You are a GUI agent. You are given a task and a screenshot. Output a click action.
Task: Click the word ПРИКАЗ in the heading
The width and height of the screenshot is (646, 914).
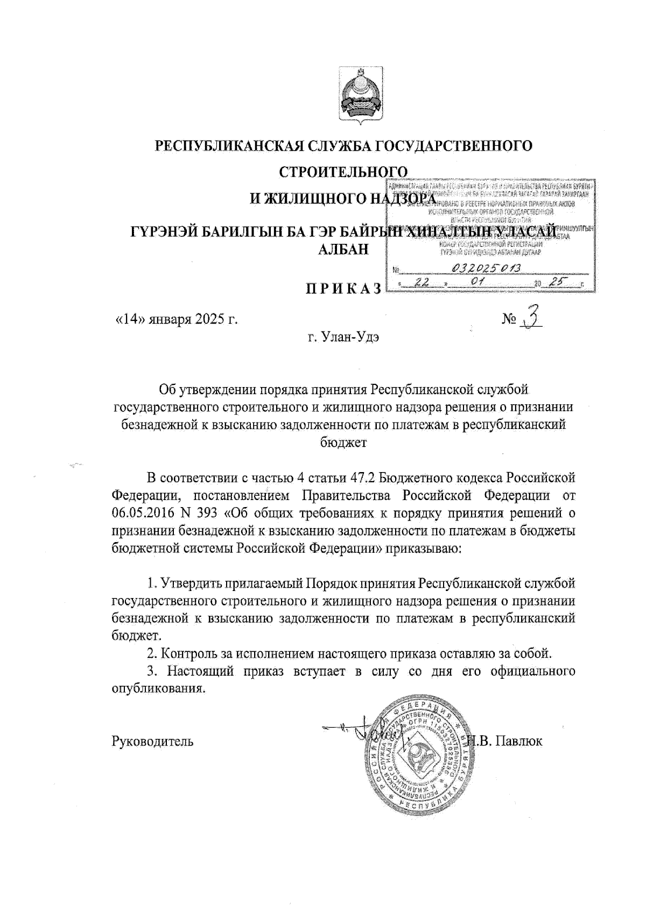343,289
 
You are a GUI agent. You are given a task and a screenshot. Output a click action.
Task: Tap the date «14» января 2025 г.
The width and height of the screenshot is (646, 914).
177,319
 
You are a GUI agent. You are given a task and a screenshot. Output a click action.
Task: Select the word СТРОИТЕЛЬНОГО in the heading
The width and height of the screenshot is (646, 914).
343,172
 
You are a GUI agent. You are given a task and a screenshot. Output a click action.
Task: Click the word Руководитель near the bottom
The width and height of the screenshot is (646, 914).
152,741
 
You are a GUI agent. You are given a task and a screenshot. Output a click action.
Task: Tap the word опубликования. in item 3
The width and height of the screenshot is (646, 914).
159,688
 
